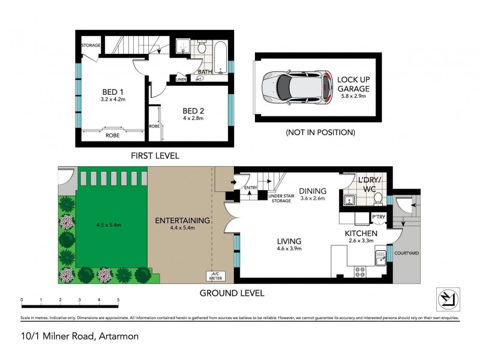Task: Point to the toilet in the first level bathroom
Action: pyautogui.click(x=202, y=46)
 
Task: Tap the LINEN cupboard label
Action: pyautogui.click(x=181, y=79)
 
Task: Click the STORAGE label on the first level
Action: pyautogui.click(x=91, y=45)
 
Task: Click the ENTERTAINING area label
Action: pyautogui.click(x=182, y=220)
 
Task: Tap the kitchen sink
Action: pyautogui.click(x=380, y=258)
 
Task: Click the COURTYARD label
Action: pyautogui.click(x=406, y=253)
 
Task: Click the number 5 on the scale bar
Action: pyautogui.click(x=118, y=299)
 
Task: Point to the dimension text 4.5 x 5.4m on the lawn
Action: pyautogui.click(x=109, y=225)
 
